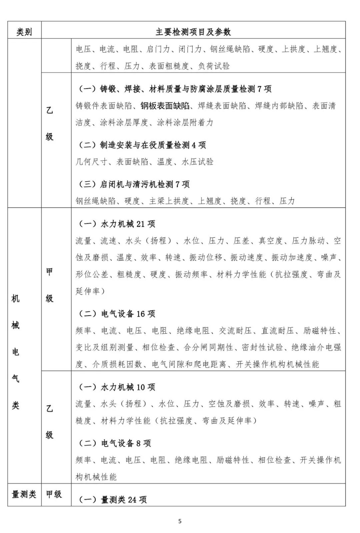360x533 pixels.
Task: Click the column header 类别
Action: click(24, 32)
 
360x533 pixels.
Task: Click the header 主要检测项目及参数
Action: click(193, 32)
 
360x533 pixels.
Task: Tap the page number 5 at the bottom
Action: click(180, 521)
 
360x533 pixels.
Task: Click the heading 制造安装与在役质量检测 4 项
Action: click(153, 145)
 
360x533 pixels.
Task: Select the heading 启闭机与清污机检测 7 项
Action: click(144, 184)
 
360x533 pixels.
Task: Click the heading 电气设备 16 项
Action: click(128, 314)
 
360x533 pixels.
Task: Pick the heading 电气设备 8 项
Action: click(126, 443)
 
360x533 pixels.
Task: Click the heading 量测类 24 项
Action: click(124, 500)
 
